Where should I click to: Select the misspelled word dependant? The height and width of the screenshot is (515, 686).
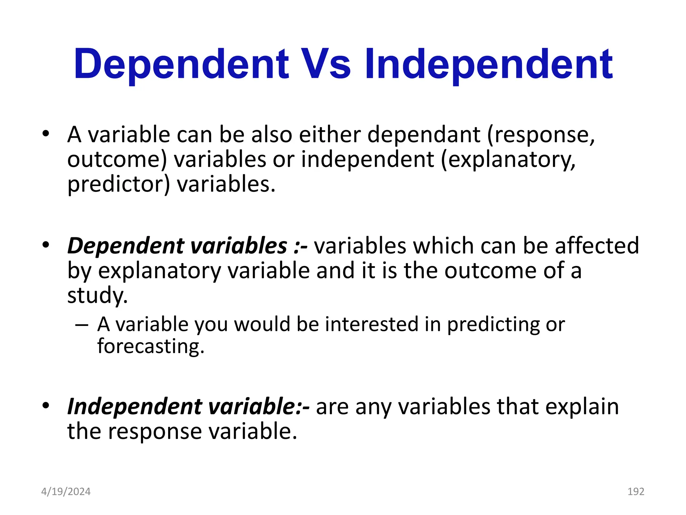[424, 134]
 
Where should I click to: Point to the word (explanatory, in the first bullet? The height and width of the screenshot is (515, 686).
[508, 160]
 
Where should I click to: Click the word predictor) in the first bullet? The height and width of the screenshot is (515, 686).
[119, 184]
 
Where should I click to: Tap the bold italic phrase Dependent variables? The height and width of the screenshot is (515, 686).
[177, 245]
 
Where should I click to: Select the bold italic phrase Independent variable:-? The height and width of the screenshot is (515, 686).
[188, 406]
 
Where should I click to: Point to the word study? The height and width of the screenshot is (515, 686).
[97, 295]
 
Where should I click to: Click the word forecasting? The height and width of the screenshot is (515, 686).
[150, 346]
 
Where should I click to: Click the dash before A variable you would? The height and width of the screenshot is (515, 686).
[82, 325]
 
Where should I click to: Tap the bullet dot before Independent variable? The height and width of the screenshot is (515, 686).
[46, 406]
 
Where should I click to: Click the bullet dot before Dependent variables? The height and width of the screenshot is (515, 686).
[46, 245]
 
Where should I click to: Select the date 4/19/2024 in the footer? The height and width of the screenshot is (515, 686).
[66, 492]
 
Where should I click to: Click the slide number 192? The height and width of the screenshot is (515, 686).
[635, 492]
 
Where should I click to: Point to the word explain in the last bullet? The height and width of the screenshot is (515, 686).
[582, 407]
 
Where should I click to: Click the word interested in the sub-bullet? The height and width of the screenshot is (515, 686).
[371, 325]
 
